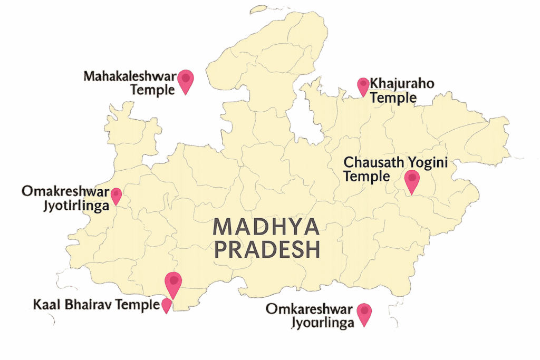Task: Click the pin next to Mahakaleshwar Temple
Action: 185,80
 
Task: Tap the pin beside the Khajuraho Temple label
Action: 363,86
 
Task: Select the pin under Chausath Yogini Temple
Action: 411,181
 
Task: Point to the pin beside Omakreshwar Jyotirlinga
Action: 115,196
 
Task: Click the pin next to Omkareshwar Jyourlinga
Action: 364,314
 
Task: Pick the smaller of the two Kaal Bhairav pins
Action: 166,305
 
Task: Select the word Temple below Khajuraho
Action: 393,98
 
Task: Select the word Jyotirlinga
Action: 75,205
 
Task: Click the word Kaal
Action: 45,305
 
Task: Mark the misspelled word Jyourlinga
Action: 322,323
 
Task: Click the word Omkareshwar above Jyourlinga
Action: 308,309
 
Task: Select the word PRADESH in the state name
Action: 267,250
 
